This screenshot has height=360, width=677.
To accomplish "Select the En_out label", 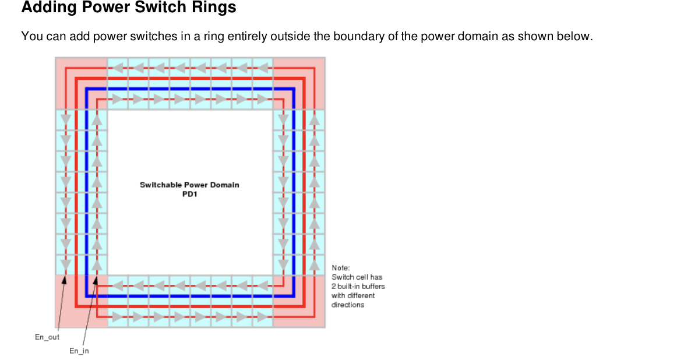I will (x=47, y=337).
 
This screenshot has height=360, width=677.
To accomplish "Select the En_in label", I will (x=79, y=351).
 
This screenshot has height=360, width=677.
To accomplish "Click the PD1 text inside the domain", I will (x=190, y=193).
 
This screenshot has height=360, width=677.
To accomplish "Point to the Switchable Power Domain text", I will (x=189, y=185).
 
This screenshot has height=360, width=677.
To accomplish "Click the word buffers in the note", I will (x=373, y=286).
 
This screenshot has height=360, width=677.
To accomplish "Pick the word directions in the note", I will (x=348, y=305).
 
